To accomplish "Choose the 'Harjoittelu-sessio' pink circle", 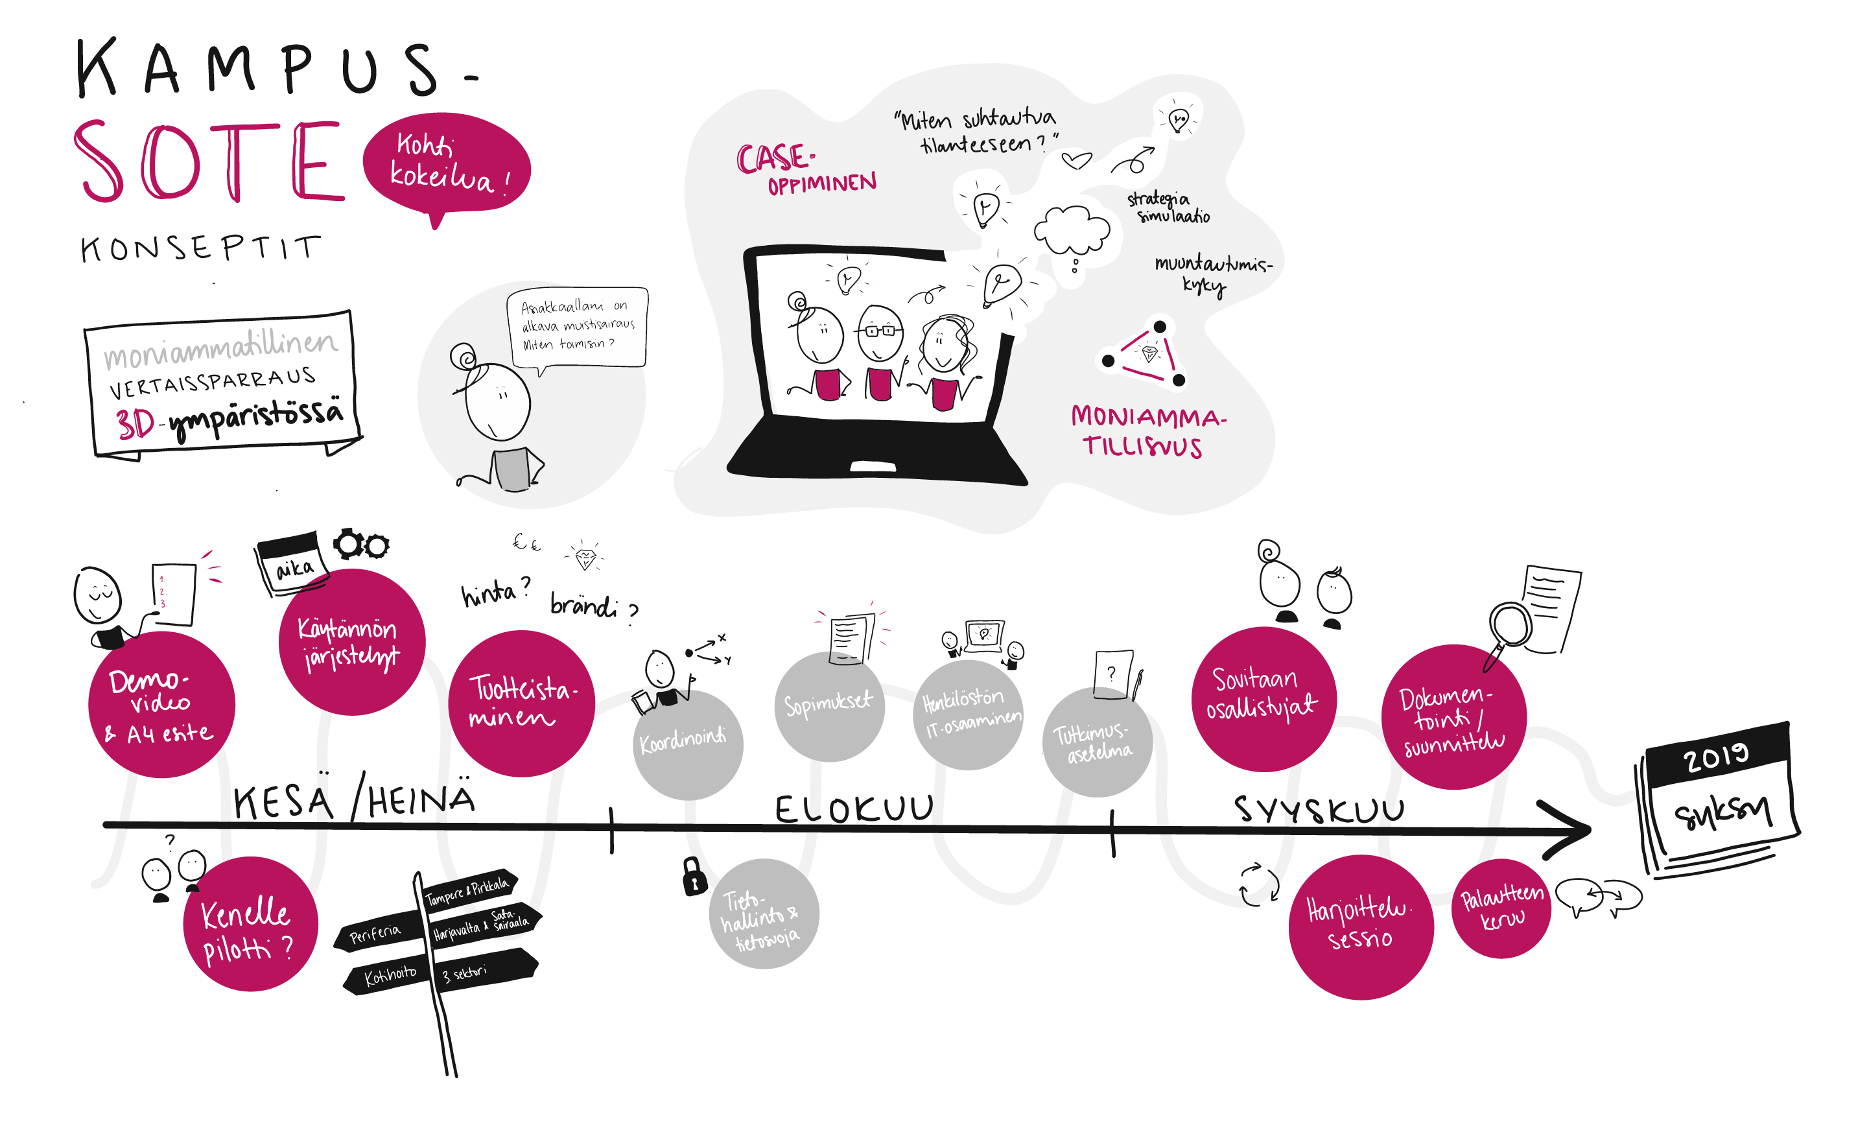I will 1360,925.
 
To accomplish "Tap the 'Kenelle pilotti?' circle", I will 250,924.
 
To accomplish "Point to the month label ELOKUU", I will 853,809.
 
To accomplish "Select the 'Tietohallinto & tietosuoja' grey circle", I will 763,914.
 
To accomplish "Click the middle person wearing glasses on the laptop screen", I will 880,335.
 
